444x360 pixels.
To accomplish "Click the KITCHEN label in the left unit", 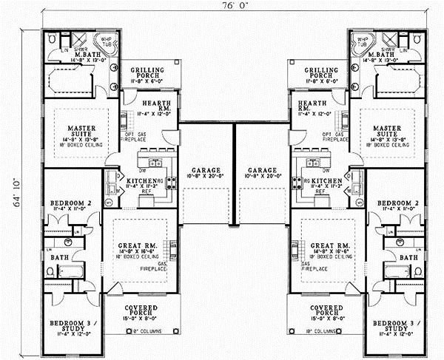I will [143, 181].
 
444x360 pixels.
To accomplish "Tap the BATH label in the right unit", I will [407, 257].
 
